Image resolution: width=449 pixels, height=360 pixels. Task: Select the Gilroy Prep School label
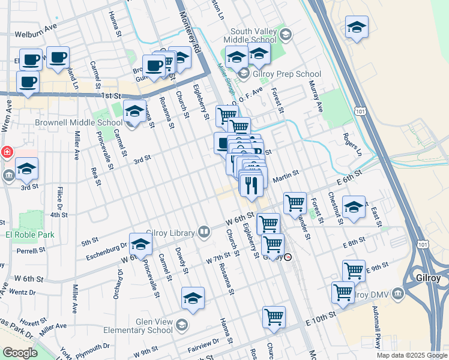point(286,74)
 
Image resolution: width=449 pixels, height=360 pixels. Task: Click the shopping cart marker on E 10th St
point(274,317)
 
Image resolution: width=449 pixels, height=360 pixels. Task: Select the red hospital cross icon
point(6,152)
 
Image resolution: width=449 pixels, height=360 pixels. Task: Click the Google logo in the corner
point(20,353)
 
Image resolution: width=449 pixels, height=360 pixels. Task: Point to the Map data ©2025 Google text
point(411,355)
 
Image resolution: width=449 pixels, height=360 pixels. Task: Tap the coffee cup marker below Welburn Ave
point(58,58)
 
